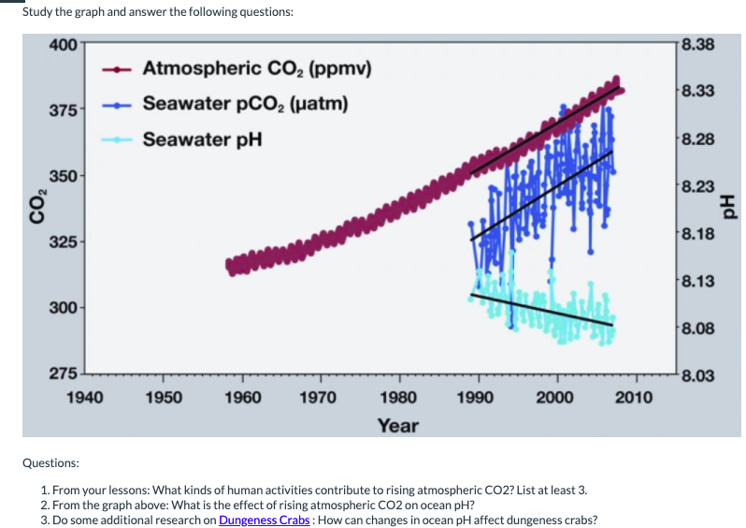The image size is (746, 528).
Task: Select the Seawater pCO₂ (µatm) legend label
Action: click(246, 103)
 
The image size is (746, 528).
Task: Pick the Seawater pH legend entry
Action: click(202, 139)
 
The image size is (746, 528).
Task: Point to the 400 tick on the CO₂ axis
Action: click(64, 44)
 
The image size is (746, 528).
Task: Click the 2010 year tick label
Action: click(636, 397)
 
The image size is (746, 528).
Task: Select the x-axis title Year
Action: click(397, 426)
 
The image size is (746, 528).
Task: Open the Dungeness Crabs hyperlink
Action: click(265, 521)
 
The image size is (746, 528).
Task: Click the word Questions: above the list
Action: click(51, 462)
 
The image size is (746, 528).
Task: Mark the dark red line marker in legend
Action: click(122, 68)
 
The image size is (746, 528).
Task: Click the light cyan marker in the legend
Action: click(122, 139)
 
